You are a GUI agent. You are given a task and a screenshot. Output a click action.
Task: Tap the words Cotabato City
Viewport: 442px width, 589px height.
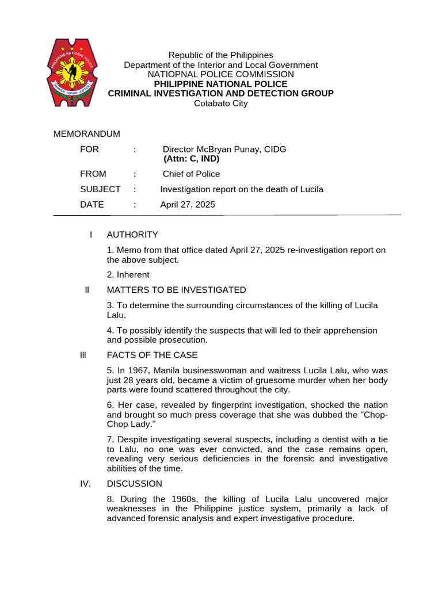pyautogui.click(x=220, y=104)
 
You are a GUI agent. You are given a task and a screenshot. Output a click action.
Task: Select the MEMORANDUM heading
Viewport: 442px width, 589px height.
pyautogui.click(x=87, y=134)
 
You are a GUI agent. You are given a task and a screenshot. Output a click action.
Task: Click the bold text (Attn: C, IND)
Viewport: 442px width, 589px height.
pyautogui.click(x=191, y=159)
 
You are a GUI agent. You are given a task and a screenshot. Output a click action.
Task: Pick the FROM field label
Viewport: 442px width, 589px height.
pyautogui.click(x=93, y=174)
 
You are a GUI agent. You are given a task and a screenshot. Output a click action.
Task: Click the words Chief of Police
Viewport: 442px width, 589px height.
pyautogui.click(x=191, y=174)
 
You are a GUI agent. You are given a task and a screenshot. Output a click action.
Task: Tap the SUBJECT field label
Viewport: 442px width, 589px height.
pyautogui.click(x=100, y=189)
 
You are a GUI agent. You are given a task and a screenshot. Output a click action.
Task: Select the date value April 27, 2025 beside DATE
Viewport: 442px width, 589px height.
pyautogui.click(x=187, y=204)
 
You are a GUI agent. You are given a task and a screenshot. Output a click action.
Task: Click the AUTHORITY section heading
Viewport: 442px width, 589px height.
pyautogui.click(x=132, y=235)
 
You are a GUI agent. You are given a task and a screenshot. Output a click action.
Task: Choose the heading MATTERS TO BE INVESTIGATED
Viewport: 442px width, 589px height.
pyautogui.click(x=176, y=290)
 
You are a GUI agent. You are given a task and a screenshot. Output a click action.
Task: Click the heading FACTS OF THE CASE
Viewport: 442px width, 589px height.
pyautogui.click(x=152, y=355)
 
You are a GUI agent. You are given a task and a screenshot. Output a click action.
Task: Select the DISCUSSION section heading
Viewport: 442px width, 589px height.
pyautogui.click(x=135, y=484)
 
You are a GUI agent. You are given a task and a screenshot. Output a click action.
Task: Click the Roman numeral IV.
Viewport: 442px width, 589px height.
pyautogui.click(x=86, y=484)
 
